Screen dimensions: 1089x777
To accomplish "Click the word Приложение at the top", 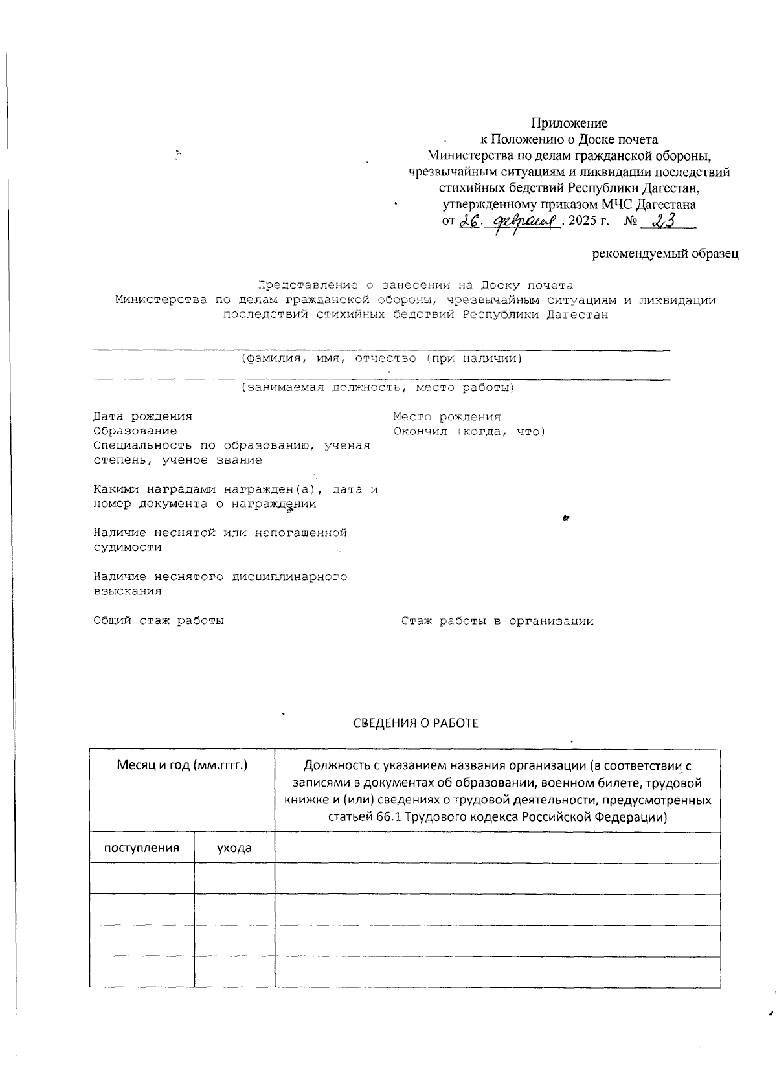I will (x=569, y=123).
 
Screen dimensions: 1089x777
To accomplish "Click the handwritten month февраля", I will (x=526, y=222).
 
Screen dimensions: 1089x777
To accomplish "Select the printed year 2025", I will (x=583, y=221).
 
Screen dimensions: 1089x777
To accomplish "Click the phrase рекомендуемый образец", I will (x=666, y=254).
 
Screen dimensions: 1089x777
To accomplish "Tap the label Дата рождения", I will (x=142, y=416).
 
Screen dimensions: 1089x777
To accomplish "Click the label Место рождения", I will (x=447, y=417).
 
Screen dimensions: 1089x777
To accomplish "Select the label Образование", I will (x=135, y=431).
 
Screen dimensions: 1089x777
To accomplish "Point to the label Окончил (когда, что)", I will (x=469, y=432).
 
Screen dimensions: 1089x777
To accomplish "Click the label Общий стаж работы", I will (x=159, y=620).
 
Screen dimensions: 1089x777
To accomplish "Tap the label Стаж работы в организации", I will (x=497, y=622).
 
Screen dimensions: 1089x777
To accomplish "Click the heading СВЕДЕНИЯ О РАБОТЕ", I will (x=416, y=723).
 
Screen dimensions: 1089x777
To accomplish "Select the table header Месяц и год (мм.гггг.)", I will (x=182, y=765).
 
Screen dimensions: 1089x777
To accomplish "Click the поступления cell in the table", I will (x=142, y=848).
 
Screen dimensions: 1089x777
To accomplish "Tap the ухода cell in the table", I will (x=234, y=848).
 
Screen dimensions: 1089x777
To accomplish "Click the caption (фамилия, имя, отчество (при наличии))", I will (x=381, y=359).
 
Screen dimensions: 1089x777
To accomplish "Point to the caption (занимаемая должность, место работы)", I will (x=377, y=388).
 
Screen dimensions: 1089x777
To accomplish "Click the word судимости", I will (x=128, y=547).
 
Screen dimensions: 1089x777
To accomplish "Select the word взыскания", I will (x=128, y=591).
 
